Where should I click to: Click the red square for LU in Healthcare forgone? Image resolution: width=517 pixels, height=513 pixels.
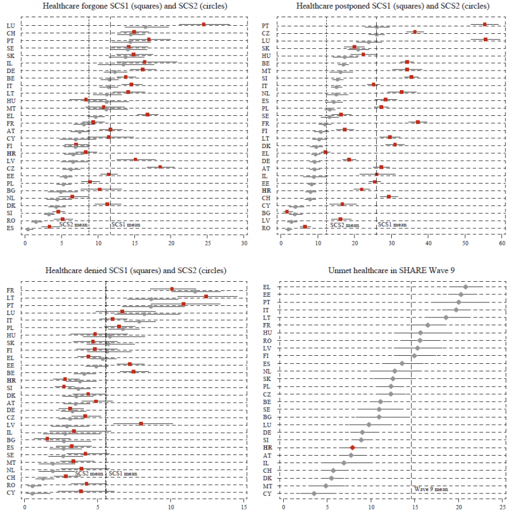click(x=204, y=25)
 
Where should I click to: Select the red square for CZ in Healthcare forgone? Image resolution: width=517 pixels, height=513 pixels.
click(x=160, y=167)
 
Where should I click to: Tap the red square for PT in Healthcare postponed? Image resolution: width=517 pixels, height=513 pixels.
click(x=485, y=25)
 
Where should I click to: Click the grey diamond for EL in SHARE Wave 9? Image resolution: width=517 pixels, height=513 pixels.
click(x=466, y=287)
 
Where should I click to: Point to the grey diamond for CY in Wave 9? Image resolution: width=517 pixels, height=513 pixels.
click(x=314, y=493)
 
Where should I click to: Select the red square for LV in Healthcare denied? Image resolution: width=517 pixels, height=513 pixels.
click(x=141, y=423)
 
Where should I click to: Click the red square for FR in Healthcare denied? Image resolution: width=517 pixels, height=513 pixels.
click(x=172, y=289)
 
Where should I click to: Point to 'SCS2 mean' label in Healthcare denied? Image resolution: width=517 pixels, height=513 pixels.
click(x=89, y=474)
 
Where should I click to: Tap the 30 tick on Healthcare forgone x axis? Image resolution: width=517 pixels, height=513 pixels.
click(x=245, y=243)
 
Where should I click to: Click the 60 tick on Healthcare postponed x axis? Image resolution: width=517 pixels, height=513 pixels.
click(x=502, y=243)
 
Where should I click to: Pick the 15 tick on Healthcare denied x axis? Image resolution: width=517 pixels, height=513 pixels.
click(x=245, y=507)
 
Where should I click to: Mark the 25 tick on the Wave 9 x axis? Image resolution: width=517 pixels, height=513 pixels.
click(x=502, y=507)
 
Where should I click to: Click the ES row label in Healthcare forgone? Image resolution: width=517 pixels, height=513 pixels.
click(x=11, y=228)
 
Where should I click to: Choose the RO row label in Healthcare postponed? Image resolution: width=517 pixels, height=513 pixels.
click(x=265, y=228)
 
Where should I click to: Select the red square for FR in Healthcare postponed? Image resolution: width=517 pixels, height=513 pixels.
click(x=418, y=122)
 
